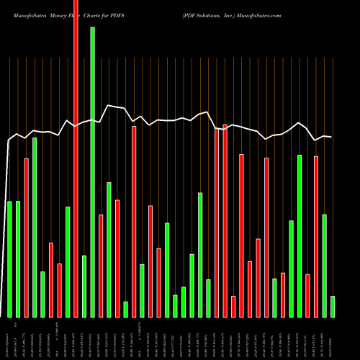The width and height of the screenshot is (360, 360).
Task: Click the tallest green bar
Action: tap(92, 173)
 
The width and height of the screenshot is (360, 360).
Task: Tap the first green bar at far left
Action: tap(9, 259)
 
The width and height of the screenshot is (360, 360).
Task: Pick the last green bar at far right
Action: tap(333, 307)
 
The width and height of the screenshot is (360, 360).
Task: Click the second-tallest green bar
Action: tap(35, 228)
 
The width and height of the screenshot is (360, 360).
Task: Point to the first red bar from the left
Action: tap(27, 238)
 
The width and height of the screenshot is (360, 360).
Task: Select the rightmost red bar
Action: tap(316, 236)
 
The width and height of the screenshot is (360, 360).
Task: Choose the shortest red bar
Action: tap(233, 307)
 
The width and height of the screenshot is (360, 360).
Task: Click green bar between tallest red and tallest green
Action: tap(84, 287)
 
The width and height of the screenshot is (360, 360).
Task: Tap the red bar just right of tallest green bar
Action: tap(101, 266)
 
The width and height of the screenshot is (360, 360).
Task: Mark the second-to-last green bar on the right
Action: tap(325, 266)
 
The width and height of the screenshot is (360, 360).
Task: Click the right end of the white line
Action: tap(332, 137)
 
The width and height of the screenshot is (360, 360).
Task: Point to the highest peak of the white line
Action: tap(108, 105)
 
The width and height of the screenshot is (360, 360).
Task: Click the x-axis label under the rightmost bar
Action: tap(333, 338)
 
